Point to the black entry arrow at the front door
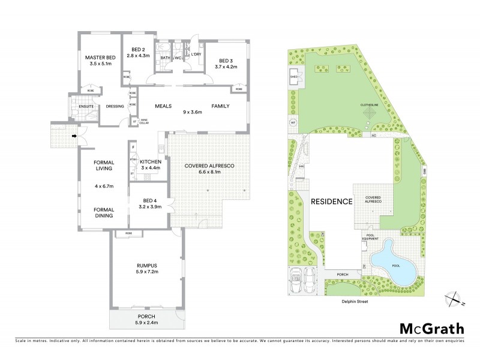pos(74,136)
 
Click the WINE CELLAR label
pos(143,121)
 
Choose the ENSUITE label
pos(79,107)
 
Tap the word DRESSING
pos(114,107)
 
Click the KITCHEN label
pos(150,162)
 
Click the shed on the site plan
pos(294,77)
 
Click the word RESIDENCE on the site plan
pos(331,202)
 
